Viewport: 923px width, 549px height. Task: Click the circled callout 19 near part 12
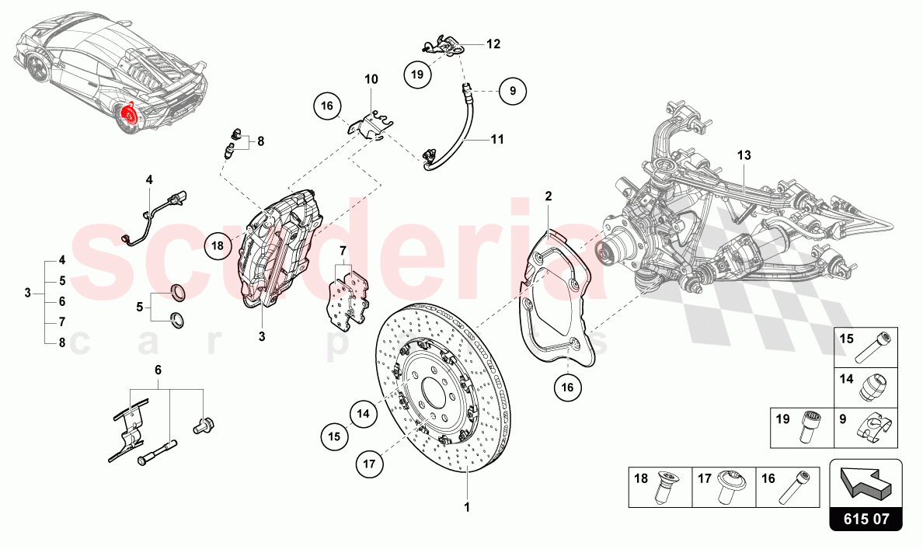(417, 75)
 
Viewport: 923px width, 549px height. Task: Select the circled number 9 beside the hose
(513, 91)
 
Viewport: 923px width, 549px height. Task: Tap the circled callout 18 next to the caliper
(218, 245)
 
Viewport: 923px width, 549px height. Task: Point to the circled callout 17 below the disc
(369, 464)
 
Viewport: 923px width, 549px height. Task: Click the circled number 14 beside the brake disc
(363, 414)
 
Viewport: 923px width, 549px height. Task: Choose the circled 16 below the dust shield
(567, 387)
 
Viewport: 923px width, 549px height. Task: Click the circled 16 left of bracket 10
(327, 106)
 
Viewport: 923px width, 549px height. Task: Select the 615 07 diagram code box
(866, 519)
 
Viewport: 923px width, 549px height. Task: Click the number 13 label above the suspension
(744, 155)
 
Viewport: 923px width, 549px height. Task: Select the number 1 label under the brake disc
(468, 506)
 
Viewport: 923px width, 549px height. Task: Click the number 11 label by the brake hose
(497, 140)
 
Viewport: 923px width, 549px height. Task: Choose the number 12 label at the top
(493, 43)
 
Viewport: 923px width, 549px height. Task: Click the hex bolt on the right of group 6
(203, 425)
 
